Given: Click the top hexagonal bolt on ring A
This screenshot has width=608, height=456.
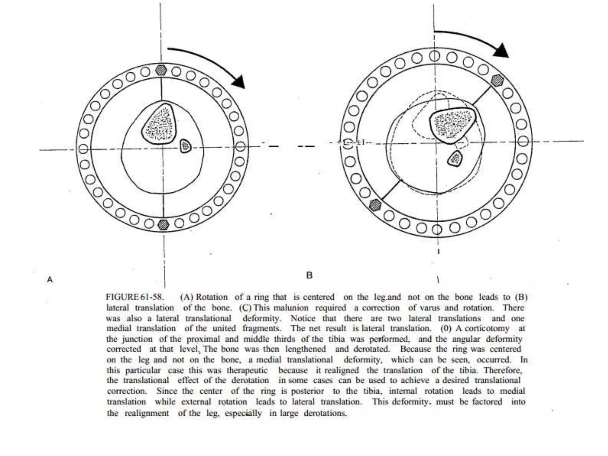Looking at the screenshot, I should click(x=161, y=70).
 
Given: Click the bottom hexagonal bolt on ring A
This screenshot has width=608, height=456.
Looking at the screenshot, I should click(x=163, y=224).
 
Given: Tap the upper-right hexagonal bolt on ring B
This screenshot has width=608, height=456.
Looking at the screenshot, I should click(x=497, y=80).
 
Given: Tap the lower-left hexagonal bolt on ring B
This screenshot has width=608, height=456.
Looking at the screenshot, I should click(x=375, y=205).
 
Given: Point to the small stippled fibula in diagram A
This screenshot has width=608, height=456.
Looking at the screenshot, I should click(x=186, y=146).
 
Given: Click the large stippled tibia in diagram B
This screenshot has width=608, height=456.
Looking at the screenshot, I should click(x=452, y=124).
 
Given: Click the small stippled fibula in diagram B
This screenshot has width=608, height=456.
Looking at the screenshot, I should click(x=455, y=159).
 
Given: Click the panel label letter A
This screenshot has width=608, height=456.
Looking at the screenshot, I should click(x=50, y=279).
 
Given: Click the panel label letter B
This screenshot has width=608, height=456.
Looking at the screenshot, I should click(x=309, y=275).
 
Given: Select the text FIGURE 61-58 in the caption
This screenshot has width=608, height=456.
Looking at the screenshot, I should click(x=134, y=297).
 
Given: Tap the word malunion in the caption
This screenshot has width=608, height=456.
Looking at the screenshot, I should click(x=291, y=308).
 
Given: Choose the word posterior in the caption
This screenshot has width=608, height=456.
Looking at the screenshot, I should click(x=307, y=391).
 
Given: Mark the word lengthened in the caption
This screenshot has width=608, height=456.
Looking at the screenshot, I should click(x=305, y=349).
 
